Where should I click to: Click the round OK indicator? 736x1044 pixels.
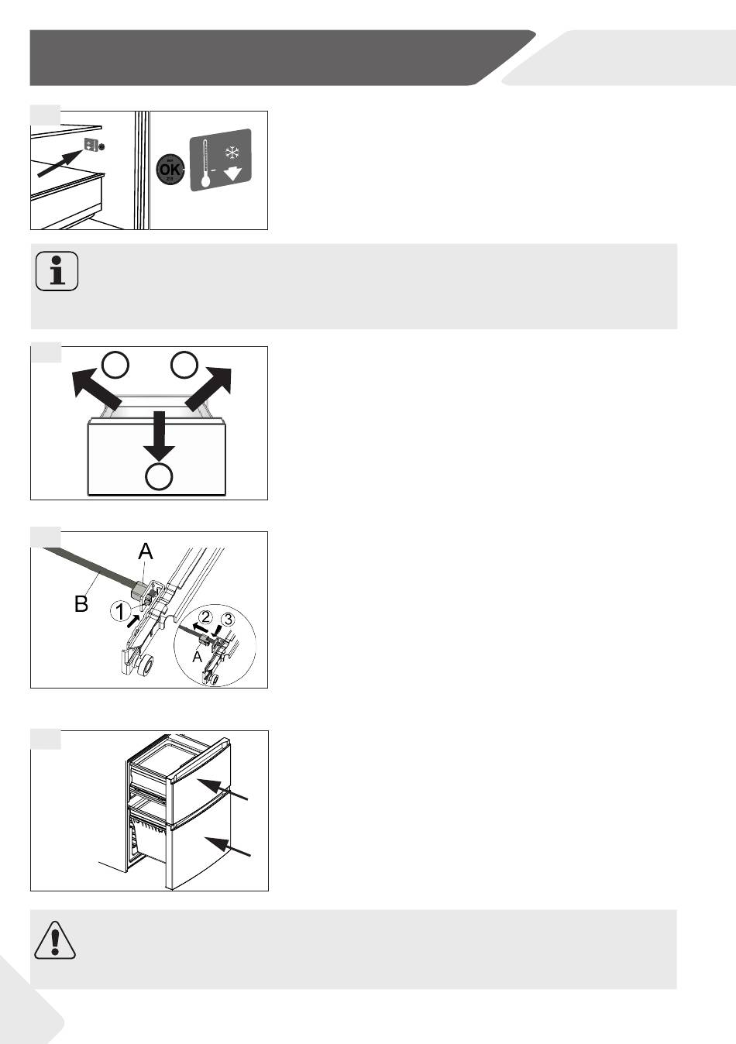170,170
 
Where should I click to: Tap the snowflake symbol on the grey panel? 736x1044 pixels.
232,152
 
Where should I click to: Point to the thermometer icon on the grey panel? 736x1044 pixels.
205,163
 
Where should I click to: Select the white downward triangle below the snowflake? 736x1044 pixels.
232,174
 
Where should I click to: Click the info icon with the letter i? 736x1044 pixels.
57,271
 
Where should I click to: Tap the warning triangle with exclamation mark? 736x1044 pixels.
55,940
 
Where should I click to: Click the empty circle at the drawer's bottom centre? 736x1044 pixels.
160,476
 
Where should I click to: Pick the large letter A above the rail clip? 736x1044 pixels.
146,551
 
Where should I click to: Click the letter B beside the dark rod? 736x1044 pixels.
81,604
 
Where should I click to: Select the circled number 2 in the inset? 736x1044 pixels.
205,617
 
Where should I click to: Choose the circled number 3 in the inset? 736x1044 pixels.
228,620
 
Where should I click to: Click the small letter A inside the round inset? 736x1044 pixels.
197,657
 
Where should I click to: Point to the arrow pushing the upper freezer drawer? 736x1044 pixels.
222,788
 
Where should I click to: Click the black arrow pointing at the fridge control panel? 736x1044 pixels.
60,163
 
